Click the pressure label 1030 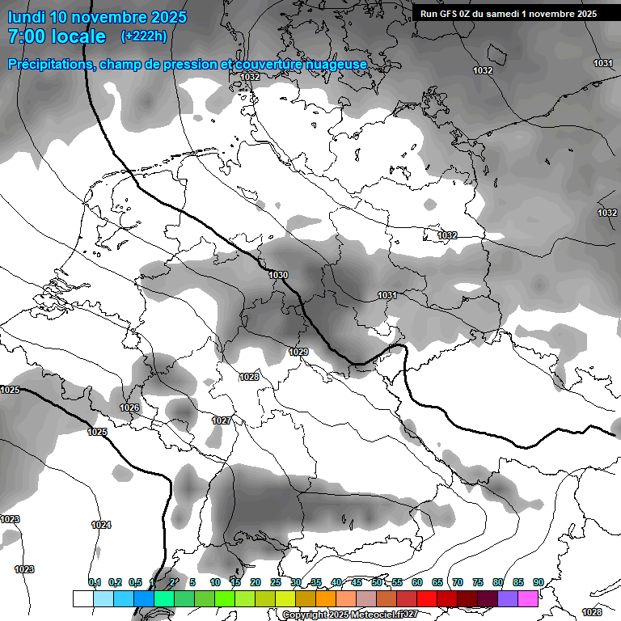click(x=278, y=275)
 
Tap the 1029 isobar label click(x=298, y=352)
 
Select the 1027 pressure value click(x=222, y=420)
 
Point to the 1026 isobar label click(x=129, y=408)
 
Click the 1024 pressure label click(x=101, y=525)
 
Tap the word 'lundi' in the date click(x=26, y=17)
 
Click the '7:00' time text click(x=27, y=36)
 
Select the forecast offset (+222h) click(x=144, y=36)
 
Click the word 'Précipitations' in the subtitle click(x=49, y=64)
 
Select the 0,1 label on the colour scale click(x=95, y=582)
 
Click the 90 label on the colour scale click(x=538, y=582)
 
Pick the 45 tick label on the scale click(x=357, y=582)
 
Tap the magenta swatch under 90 click(x=528, y=598)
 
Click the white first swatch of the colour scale click(x=82, y=598)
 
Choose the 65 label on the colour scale click(x=437, y=582)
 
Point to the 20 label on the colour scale click(x=256, y=582)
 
